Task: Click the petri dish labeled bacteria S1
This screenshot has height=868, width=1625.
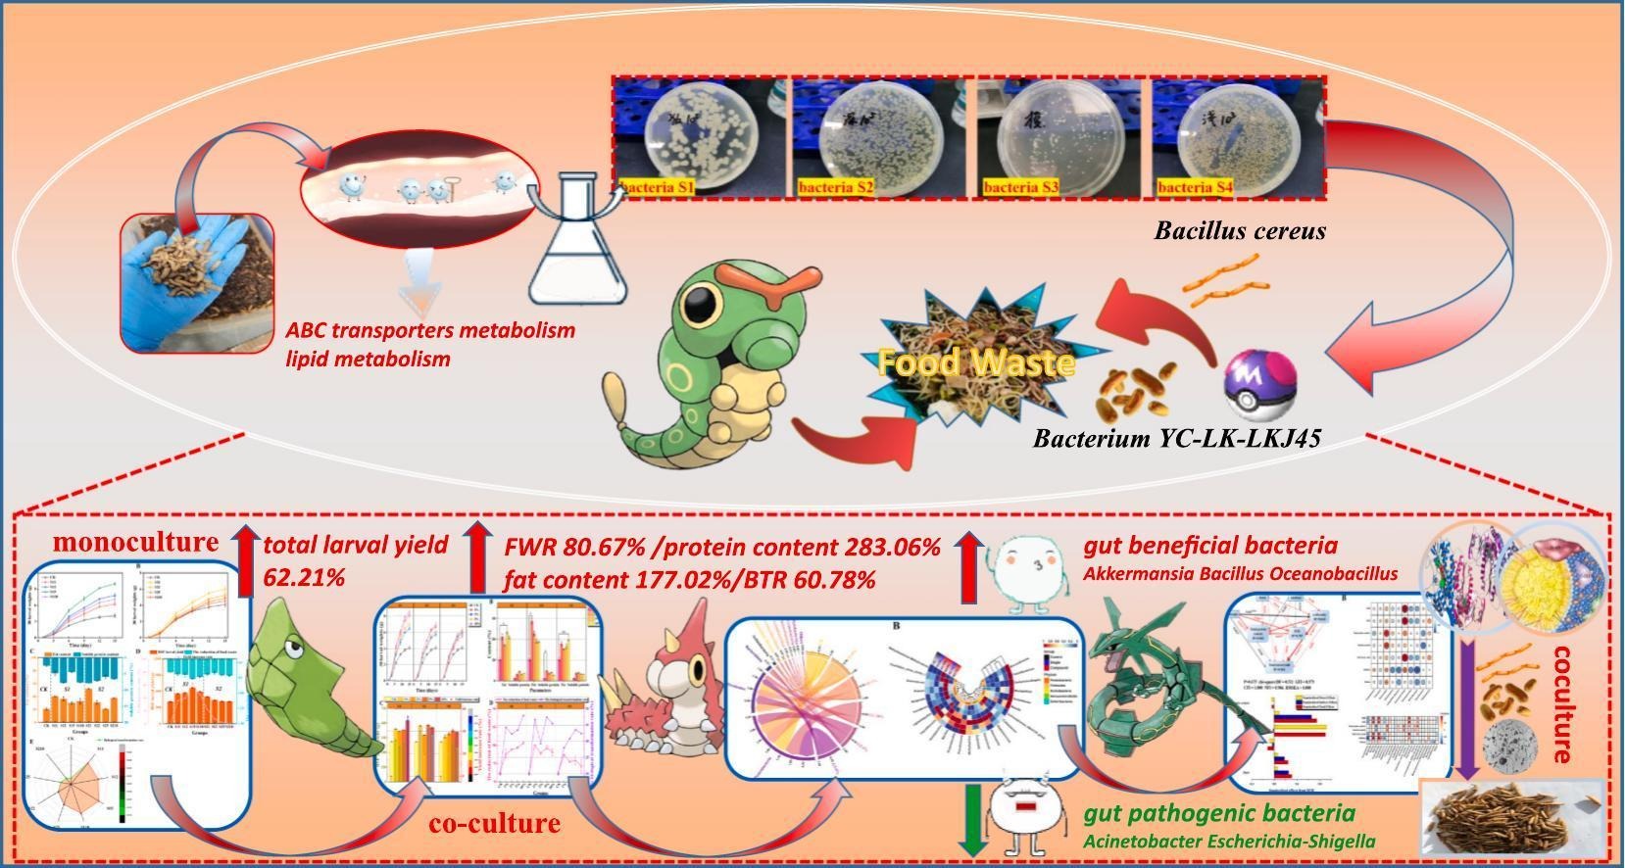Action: pyautogui.click(x=700, y=133)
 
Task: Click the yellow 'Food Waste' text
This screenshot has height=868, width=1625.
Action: pyautogui.click(x=975, y=362)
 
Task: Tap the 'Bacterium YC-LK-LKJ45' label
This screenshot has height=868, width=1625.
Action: pyautogui.click(x=1176, y=438)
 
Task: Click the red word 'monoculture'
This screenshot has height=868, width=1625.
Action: pyautogui.click(x=135, y=542)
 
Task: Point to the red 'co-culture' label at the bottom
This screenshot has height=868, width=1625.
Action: pyautogui.click(x=494, y=824)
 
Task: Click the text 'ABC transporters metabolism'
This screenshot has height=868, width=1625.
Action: pyautogui.click(x=430, y=330)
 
